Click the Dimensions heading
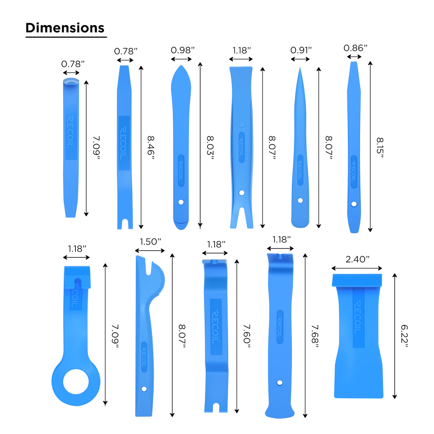click(65, 28)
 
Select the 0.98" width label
click(182, 50)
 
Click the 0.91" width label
click(301, 50)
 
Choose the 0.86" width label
click(355, 48)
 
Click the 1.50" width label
click(151, 242)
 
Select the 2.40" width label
click(357, 260)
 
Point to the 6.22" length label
click(404, 337)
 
